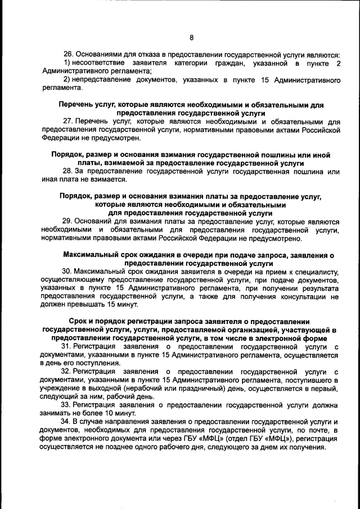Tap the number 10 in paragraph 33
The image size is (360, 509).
(112, 413)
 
